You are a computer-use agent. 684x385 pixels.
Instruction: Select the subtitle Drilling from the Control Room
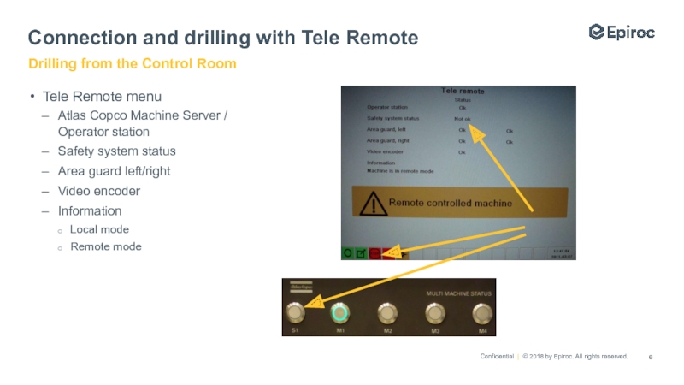point(133,64)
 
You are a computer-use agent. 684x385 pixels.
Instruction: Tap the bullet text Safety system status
point(116,151)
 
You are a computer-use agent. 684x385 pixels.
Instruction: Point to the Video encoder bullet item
point(98,191)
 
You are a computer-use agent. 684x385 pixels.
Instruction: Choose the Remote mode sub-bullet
point(106,246)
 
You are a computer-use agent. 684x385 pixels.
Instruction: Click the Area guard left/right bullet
point(114,171)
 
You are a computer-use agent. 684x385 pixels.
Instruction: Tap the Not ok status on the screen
point(461,118)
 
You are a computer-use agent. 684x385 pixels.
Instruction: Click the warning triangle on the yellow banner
point(372,204)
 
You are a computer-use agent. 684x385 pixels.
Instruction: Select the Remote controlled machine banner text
point(451,204)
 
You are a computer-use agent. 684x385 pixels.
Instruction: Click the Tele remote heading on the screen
point(462,91)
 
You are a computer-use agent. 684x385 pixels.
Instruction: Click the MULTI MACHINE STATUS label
point(461,293)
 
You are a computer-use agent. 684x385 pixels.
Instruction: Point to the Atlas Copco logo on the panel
point(301,288)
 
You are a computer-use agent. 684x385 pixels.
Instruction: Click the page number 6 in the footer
point(652,357)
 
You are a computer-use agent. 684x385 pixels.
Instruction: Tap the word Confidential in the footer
point(496,357)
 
